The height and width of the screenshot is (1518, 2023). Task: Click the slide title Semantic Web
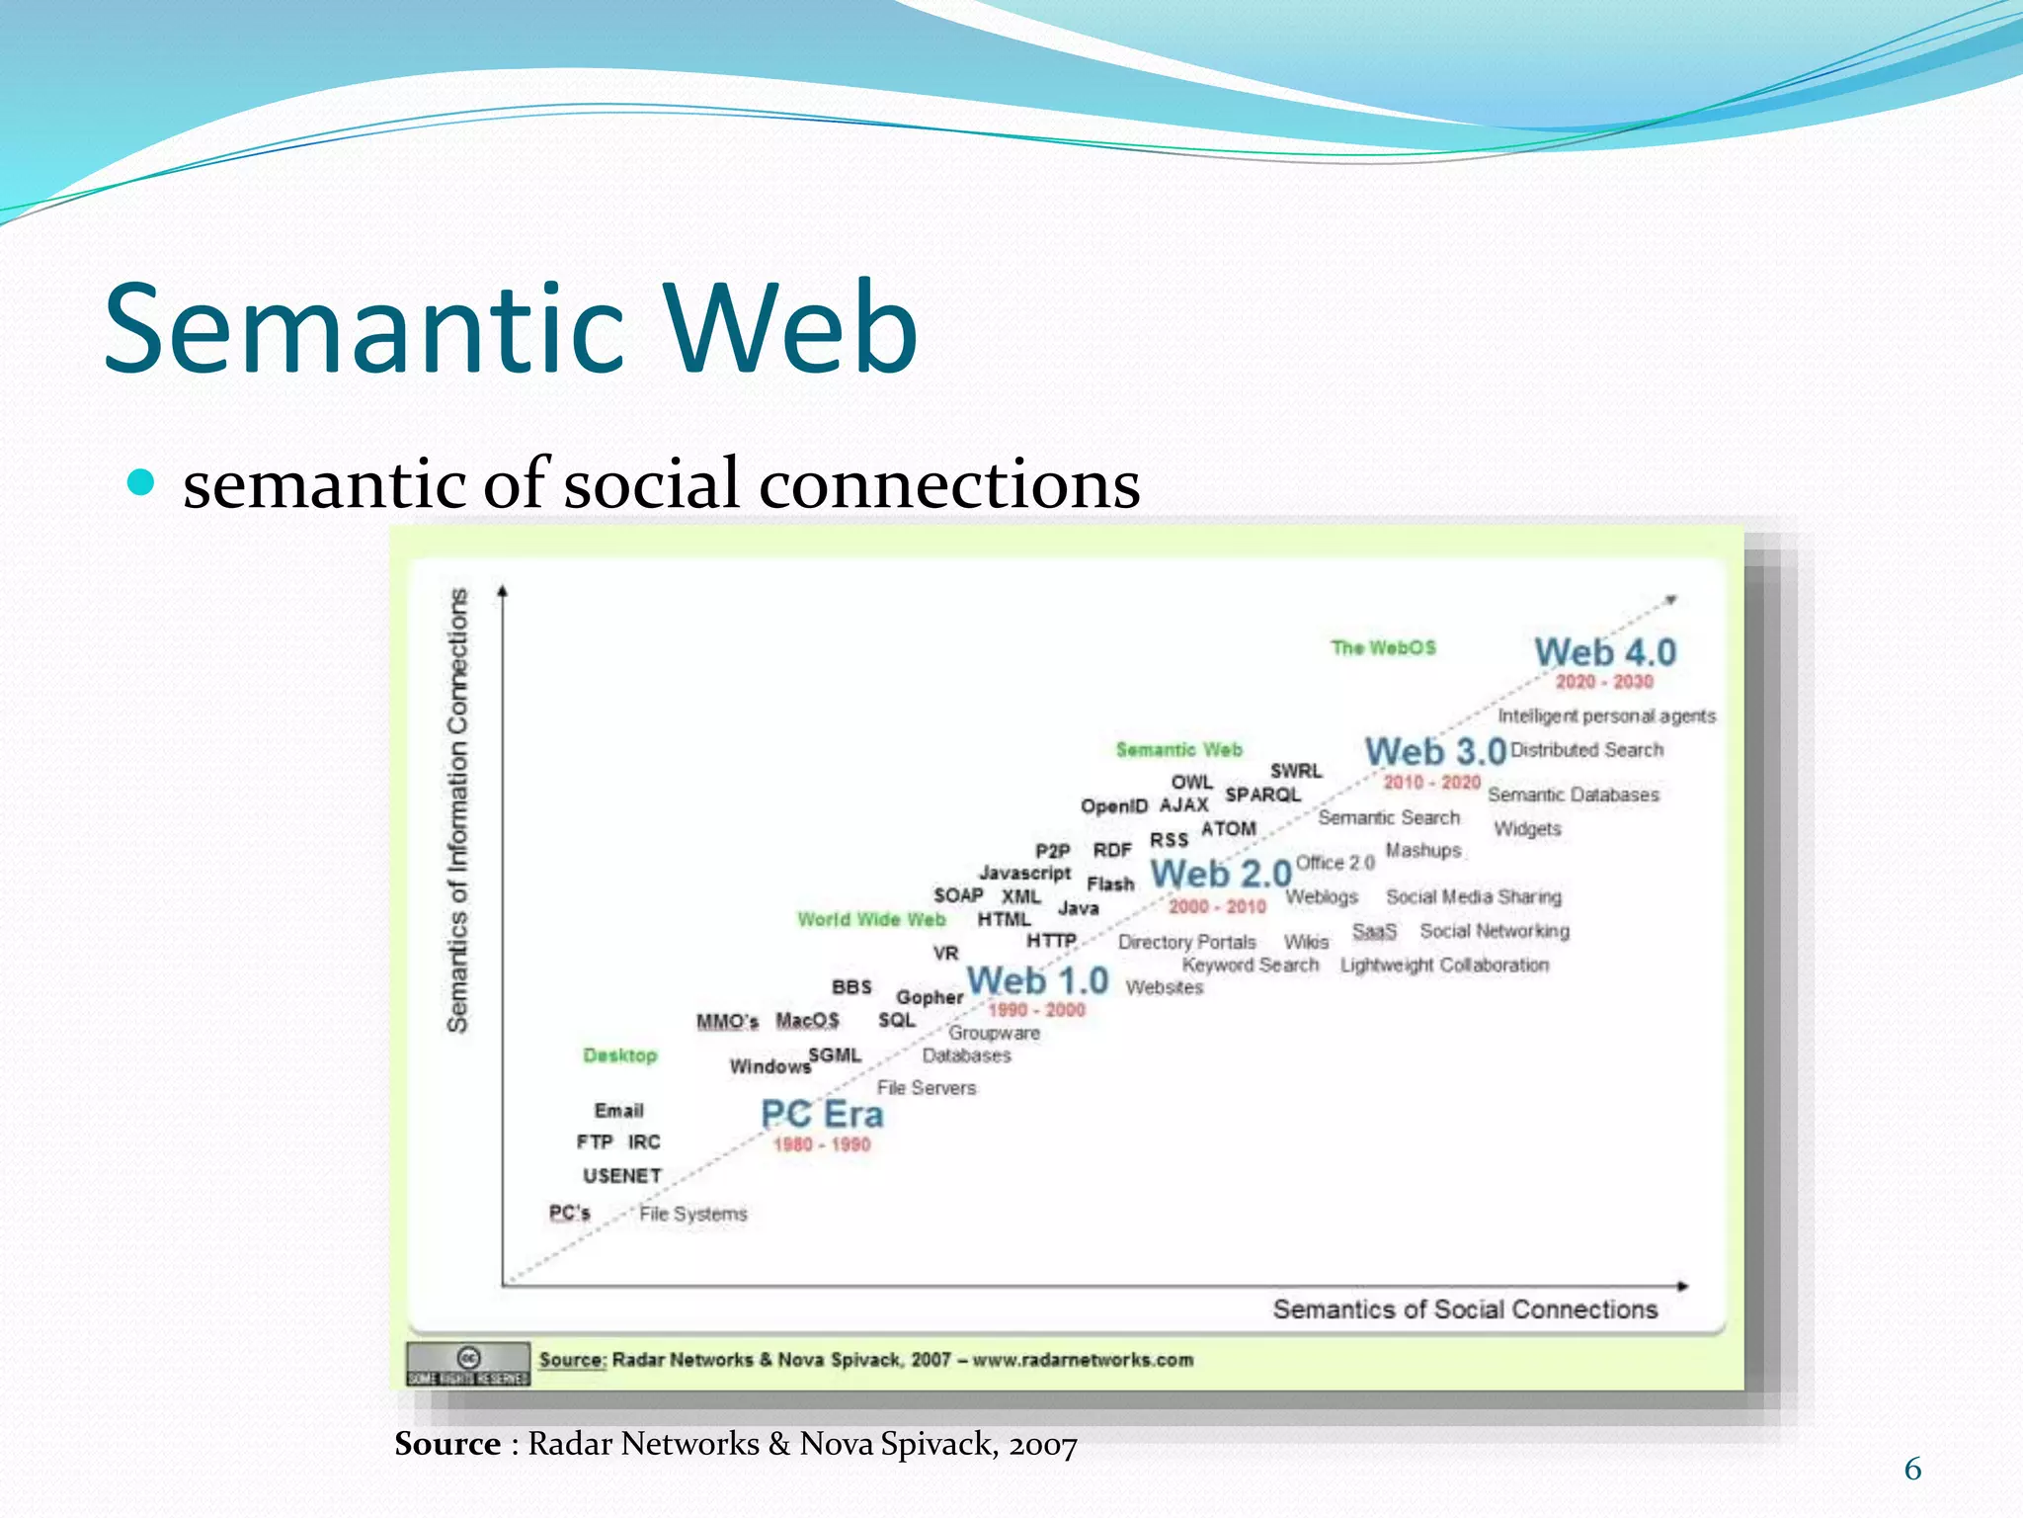pyautogui.click(x=511, y=329)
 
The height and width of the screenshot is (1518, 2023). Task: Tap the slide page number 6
pyautogui.click(x=1912, y=1470)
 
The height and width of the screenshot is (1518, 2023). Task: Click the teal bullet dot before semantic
pyautogui.click(x=142, y=482)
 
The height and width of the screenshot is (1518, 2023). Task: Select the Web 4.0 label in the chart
pyautogui.click(x=1605, y=652)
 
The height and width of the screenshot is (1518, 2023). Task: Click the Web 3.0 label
pyautogui.click(x=1435, y=752)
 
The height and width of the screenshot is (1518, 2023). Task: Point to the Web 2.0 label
pyautogui.click(x=1221, y=875)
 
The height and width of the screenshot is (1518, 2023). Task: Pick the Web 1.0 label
pyautogui.click(x=1037, y=981)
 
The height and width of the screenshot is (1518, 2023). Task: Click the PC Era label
pyautogui.click(x=822, y=1115)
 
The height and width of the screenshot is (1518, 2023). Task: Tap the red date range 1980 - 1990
pyautogui.click(x=822, y=1144)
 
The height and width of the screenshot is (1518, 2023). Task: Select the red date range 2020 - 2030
pyautogui.click(x=1604, y=682)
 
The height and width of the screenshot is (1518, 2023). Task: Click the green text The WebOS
pyautogui.click(x=1383, y=648)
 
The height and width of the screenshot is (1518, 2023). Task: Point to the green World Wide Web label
pyautogui.click(x=871, y=920)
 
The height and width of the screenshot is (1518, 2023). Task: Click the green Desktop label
pyautogui.click(x=619, y=1055)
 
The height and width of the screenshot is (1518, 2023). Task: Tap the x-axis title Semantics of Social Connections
pyautogui.click(x=1465, y=1309)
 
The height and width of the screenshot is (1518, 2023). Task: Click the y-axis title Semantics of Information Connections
pyautogui.click(x=457, y=810)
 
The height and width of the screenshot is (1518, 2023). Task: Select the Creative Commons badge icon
pyautogui.click(x=468, y=1364)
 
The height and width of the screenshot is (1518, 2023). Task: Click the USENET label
pyautogui.click(x=621, y=1176)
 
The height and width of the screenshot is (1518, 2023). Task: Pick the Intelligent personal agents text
pyautogui.click(x=1606, y=717)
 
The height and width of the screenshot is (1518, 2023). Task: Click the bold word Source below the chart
pyautogui.click(x=447, y=1444)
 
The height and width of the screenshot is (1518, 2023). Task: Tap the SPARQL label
pyautogui.click(x=1262, y=796)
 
